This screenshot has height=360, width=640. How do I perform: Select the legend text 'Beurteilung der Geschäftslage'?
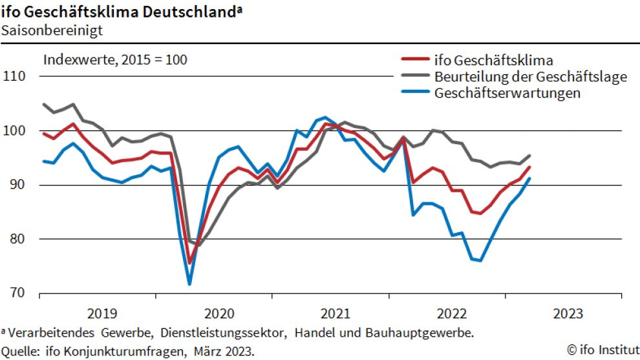[x=531, y=77]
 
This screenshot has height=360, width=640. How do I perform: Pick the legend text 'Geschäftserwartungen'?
[x=507, y=93]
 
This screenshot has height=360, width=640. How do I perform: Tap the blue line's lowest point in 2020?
[x=189, y=284]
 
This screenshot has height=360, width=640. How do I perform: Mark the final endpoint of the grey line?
[x=530, y=155]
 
